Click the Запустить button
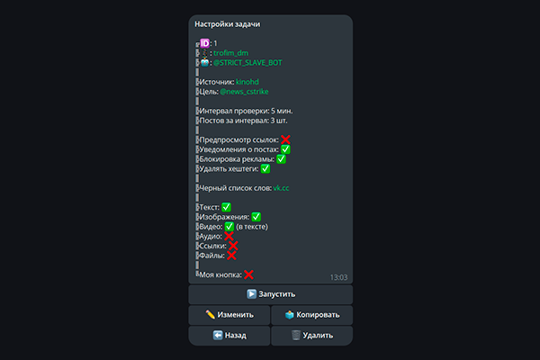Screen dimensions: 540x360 coord(270,294)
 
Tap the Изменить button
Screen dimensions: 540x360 coord(229,315)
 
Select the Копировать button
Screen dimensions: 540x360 coord(312,315)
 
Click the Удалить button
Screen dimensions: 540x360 coord(312,336)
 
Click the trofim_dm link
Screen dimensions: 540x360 coord(230,53)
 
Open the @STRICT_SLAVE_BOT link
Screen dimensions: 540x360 coord(247,63)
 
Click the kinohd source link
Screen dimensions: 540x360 coord(247,82)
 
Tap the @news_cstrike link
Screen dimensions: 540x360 coord(244,92)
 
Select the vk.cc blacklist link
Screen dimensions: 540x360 coord(281,188)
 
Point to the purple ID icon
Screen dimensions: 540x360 coord(204,43)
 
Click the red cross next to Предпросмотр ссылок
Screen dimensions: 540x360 coord(285,139)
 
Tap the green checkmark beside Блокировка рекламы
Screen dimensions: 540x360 coord(281,158)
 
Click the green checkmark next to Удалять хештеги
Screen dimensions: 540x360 coord(265,168)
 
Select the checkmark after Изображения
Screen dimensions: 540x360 coord(256,217)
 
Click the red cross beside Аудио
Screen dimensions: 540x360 coord(229,236)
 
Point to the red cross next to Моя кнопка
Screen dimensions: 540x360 coord(248,274)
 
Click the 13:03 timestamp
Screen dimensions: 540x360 coord(339,277)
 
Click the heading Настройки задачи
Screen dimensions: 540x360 coord(228,24)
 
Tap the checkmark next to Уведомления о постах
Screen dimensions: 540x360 coord(285,149)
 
